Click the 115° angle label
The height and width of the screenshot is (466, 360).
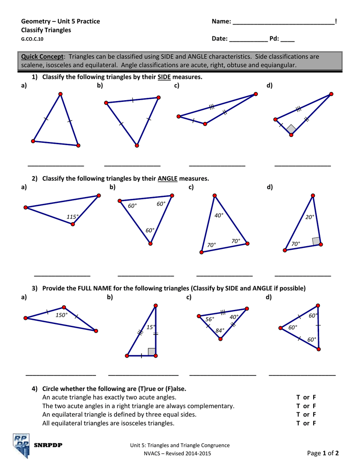coord(72,217)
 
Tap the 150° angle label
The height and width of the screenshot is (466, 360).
coord(61,315)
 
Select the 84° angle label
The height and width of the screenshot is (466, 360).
coord(220,330)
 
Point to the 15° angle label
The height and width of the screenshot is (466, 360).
coord(151,327)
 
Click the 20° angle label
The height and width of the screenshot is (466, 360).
coord(309,217)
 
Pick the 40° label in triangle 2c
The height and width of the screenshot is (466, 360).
coord(219,215)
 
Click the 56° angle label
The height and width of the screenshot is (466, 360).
coord(209,319)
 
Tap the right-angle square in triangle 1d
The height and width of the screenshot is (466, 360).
coord(291,129)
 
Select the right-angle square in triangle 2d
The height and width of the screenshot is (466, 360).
coord(315,241)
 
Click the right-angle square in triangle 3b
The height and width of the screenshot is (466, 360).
coord(152,351)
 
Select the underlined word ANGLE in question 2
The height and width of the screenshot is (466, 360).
coord(167,178)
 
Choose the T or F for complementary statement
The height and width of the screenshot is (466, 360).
coord(306,405)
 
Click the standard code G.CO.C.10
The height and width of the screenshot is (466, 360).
coord(32,39)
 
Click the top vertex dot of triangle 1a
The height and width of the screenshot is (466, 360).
coord(60,95)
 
